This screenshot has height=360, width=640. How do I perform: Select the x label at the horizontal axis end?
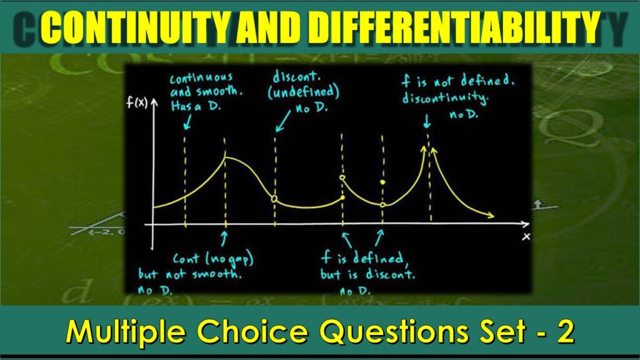pyautogui.click(x=526, y=236)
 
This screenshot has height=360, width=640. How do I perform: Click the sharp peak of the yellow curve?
pyautogui.click(x=225, y=157)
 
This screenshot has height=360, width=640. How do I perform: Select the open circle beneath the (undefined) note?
pyautogui.click(x=274, y=199)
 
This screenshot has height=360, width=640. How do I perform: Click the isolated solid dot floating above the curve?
pyautogui.click(x=382, y=182)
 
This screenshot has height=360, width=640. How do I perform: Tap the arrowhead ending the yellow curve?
pyautogui.click(x=491, y=216)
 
